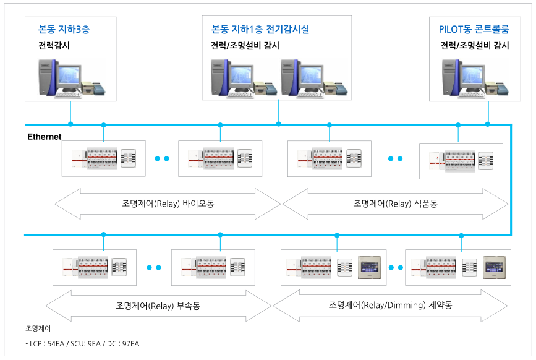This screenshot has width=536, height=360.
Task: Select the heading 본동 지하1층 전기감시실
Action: point(260,28)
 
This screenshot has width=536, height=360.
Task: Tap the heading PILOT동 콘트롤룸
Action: point(474,28)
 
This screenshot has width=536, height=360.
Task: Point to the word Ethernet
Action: point(45,136)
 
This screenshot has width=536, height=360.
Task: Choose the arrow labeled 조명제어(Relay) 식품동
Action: point(395,204)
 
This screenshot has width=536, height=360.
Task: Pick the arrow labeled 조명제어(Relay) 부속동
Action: point(158,305)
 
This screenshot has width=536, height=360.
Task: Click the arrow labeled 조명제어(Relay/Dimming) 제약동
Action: point(390,305)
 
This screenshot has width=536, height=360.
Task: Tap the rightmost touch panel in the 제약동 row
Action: point(495,268)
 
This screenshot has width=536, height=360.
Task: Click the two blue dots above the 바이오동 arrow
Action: point(162,159)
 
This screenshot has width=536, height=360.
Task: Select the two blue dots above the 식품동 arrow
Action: point(395,159)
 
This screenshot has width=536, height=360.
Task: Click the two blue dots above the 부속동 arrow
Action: point(154,268)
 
